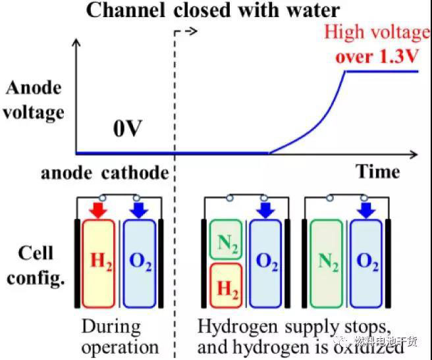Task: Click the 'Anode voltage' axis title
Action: (x=33, y=100)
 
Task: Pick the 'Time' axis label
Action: (x=378, y=172)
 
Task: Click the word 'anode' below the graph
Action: (x=68, y=173)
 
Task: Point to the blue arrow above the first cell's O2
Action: (x=140, y=209)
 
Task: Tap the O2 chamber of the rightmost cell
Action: (x=367, y=262)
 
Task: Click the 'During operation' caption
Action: (x=121, y=336)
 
